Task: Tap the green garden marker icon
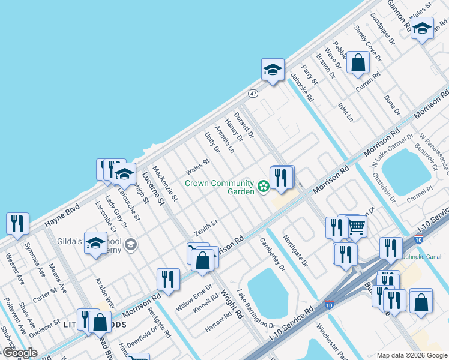click(x=263, y=187)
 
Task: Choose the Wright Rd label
click(x=231, y=303)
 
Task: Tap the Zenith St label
click(x=205, y=227)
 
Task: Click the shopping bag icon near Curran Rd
click(x=358, y=63)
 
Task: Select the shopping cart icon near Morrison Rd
click(x=357, y=227)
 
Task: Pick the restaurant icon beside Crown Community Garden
click(x=281, y=178)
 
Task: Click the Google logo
click(x=20, y=353)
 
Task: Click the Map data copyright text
click(x=411, y=355)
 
